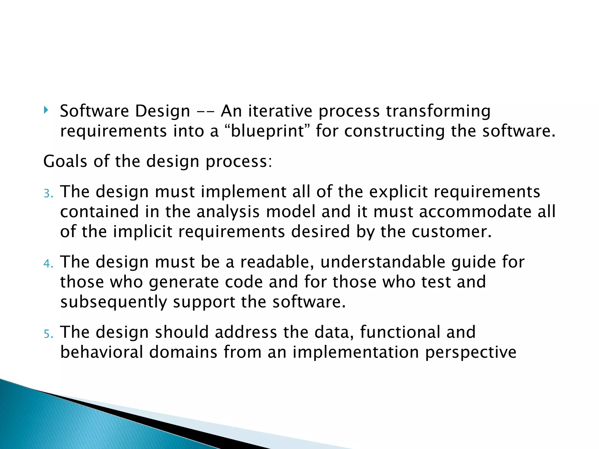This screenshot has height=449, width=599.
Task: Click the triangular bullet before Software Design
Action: click(46, 110)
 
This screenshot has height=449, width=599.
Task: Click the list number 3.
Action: click(48, 194)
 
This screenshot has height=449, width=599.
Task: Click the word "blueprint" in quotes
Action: click(268, 131)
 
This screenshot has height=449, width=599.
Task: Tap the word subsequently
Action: click(113, 302)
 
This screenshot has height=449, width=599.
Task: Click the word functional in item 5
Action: click(400, 332)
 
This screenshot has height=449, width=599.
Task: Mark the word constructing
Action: click(394, 131)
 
